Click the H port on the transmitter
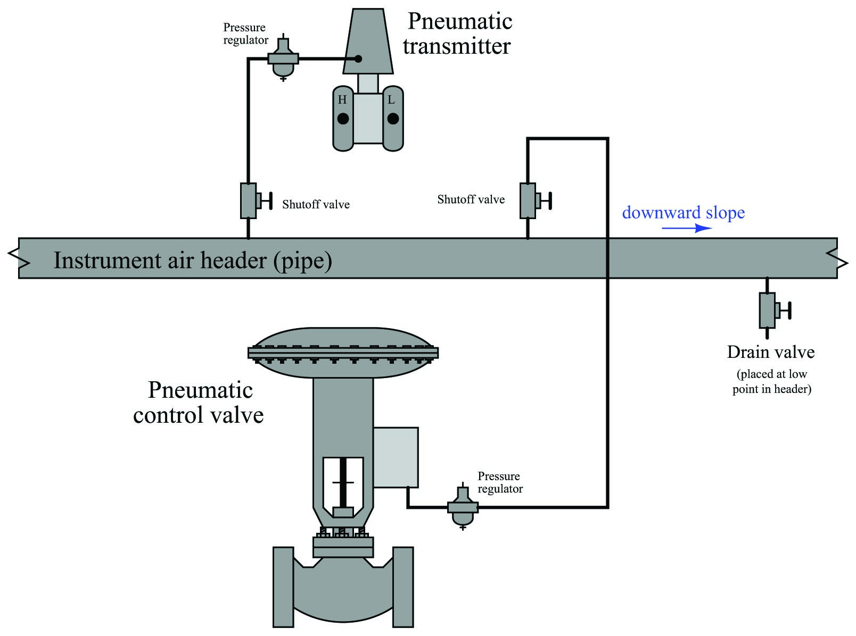[x=343, y=119]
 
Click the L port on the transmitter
[x=393, y=119]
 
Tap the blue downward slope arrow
[x=687, y=228]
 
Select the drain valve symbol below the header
[x=774, y=309]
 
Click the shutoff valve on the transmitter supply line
[x=256, y=200]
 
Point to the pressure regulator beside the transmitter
[x=283, y=57]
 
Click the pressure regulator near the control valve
[x=463, y=506]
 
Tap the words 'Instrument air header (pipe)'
[x=193, y=261]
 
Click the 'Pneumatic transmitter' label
[x=458, y=34]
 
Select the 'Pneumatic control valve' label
[x=199, y=403]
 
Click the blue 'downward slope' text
[x=683, y=213]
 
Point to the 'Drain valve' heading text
[x=771, y=352]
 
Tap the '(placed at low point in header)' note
[x=772, y=381]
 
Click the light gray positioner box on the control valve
[x=396, y=457]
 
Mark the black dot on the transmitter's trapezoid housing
[x=358, y=58]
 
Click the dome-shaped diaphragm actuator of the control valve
[x=343, y=353]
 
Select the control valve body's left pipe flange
[x=283, y=587]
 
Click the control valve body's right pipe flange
[x=403, y=587]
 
